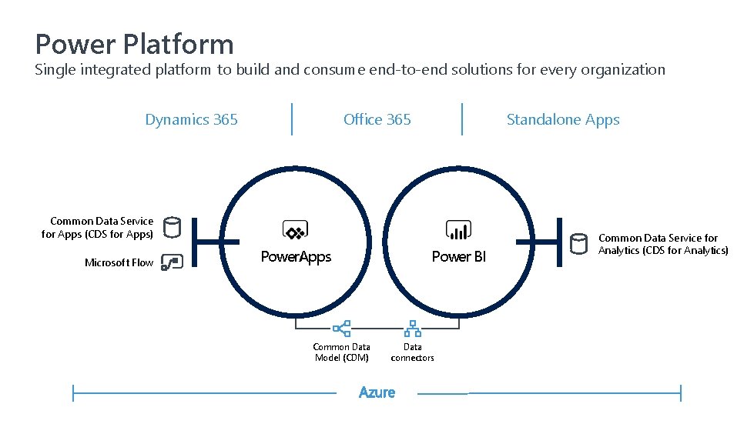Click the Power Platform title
point(134,43)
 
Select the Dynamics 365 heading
point(191,119)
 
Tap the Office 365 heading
point(377,119)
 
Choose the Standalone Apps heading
point(563,119)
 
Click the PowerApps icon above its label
point(296,230)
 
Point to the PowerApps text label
point(296,256)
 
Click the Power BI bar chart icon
point(459,229)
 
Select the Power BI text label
point(459,256)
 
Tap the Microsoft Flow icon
point(171,262)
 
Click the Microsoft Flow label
point(119,262)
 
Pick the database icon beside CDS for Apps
point(173,227)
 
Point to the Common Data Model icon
point(342,329)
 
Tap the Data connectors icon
point(413,329)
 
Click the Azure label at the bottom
point(377,392)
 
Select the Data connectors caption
point(413,352)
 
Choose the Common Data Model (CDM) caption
point(341,352)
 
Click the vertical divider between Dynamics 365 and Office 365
point(292,119)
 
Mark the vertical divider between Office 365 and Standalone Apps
point(462,119)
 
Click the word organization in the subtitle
point(625,70)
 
